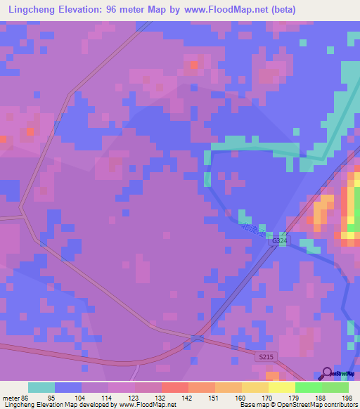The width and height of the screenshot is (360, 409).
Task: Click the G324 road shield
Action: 279,241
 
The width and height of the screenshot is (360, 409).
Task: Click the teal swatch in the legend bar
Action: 41,387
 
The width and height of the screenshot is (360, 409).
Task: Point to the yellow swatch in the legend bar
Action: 281,387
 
